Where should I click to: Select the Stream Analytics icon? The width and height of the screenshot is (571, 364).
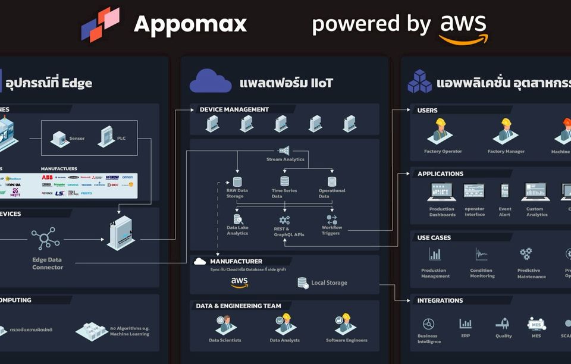(x=284, y=150)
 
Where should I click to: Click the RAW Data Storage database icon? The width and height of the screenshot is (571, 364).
(x=237, y=181)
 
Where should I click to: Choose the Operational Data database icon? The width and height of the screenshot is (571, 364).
(x=332, y=181)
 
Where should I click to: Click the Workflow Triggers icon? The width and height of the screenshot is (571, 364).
(x=332, y=219)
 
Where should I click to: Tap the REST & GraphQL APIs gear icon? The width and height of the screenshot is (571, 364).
(x=284, y=220)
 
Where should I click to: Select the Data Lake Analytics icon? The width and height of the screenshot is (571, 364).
(x=237, y=219)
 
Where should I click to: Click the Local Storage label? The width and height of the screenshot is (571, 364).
(x=329, y=283)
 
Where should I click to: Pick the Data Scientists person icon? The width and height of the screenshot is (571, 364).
(x=225, y=324)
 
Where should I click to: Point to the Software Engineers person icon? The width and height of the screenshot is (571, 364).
(x=346, y=324)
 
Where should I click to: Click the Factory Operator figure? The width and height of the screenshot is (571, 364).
(x=441, y=132)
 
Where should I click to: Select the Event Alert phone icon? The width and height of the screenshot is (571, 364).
(x=505, y=191)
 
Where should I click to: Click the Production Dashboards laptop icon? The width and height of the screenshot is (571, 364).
(x=442, y=192)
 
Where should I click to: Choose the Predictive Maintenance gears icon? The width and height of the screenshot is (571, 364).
(x=526, y=255)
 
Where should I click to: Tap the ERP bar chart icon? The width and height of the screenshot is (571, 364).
(x=465, y=324)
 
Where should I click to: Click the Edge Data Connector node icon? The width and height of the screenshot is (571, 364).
(x=46, y=239)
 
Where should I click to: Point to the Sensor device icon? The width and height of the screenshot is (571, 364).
(x=59, y=139)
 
